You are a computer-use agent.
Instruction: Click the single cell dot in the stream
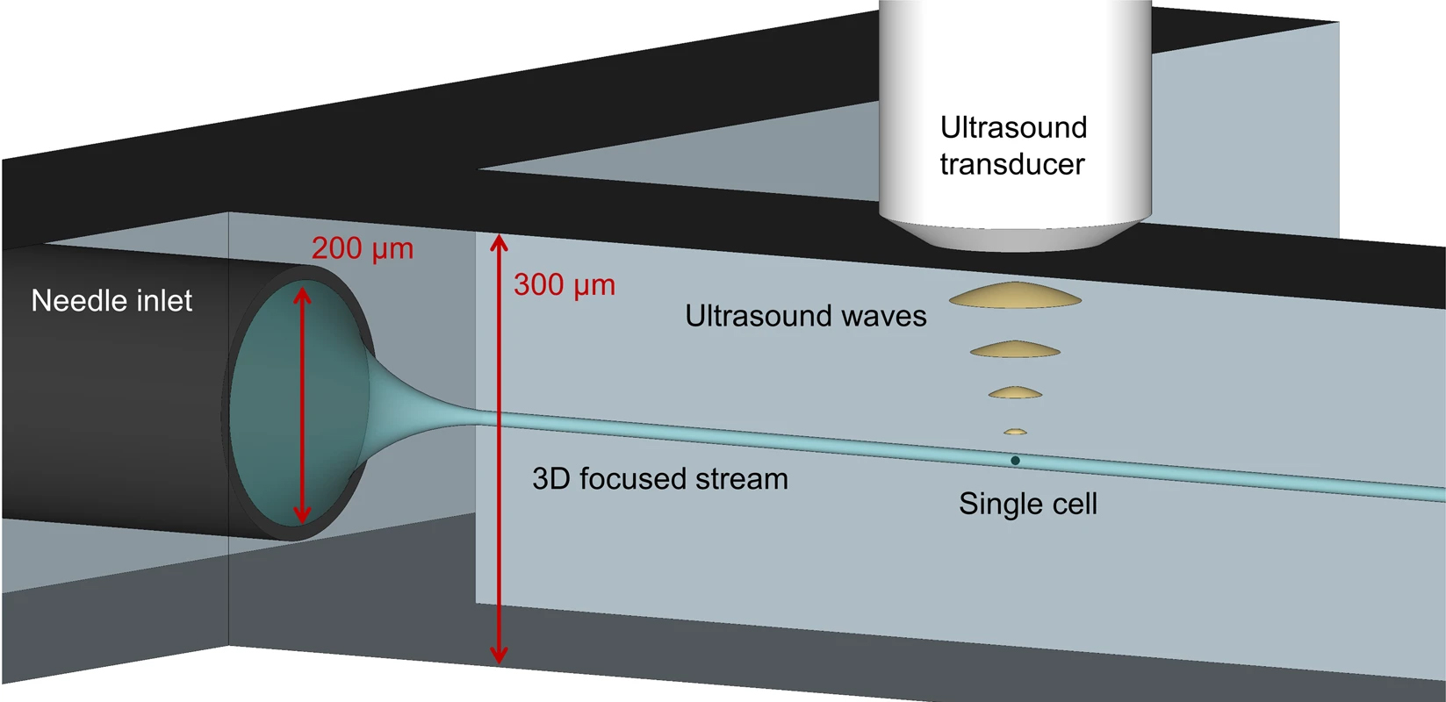(x=1015, y=461)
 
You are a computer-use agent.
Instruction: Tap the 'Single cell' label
(x=1027, y=504)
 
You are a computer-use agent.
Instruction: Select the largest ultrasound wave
(x=1015, y=297)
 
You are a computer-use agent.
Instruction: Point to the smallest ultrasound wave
(x=1015, y=432)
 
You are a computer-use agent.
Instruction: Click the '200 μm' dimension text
(x=362, y=248)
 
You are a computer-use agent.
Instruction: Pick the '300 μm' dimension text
(x=565, y=285)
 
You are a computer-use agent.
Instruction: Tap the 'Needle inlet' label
(x=112, y=301)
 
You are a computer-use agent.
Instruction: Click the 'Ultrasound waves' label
(x=805, y=316)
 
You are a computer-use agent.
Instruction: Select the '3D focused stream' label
(x=660, y=479)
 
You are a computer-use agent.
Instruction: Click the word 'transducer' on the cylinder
(x=1012, y=164)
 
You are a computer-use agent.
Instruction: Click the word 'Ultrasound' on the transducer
(x=1013, y=128)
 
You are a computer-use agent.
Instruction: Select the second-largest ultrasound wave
(x=1015, y=349)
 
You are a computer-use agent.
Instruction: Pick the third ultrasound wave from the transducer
(x=1015, y=393)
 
